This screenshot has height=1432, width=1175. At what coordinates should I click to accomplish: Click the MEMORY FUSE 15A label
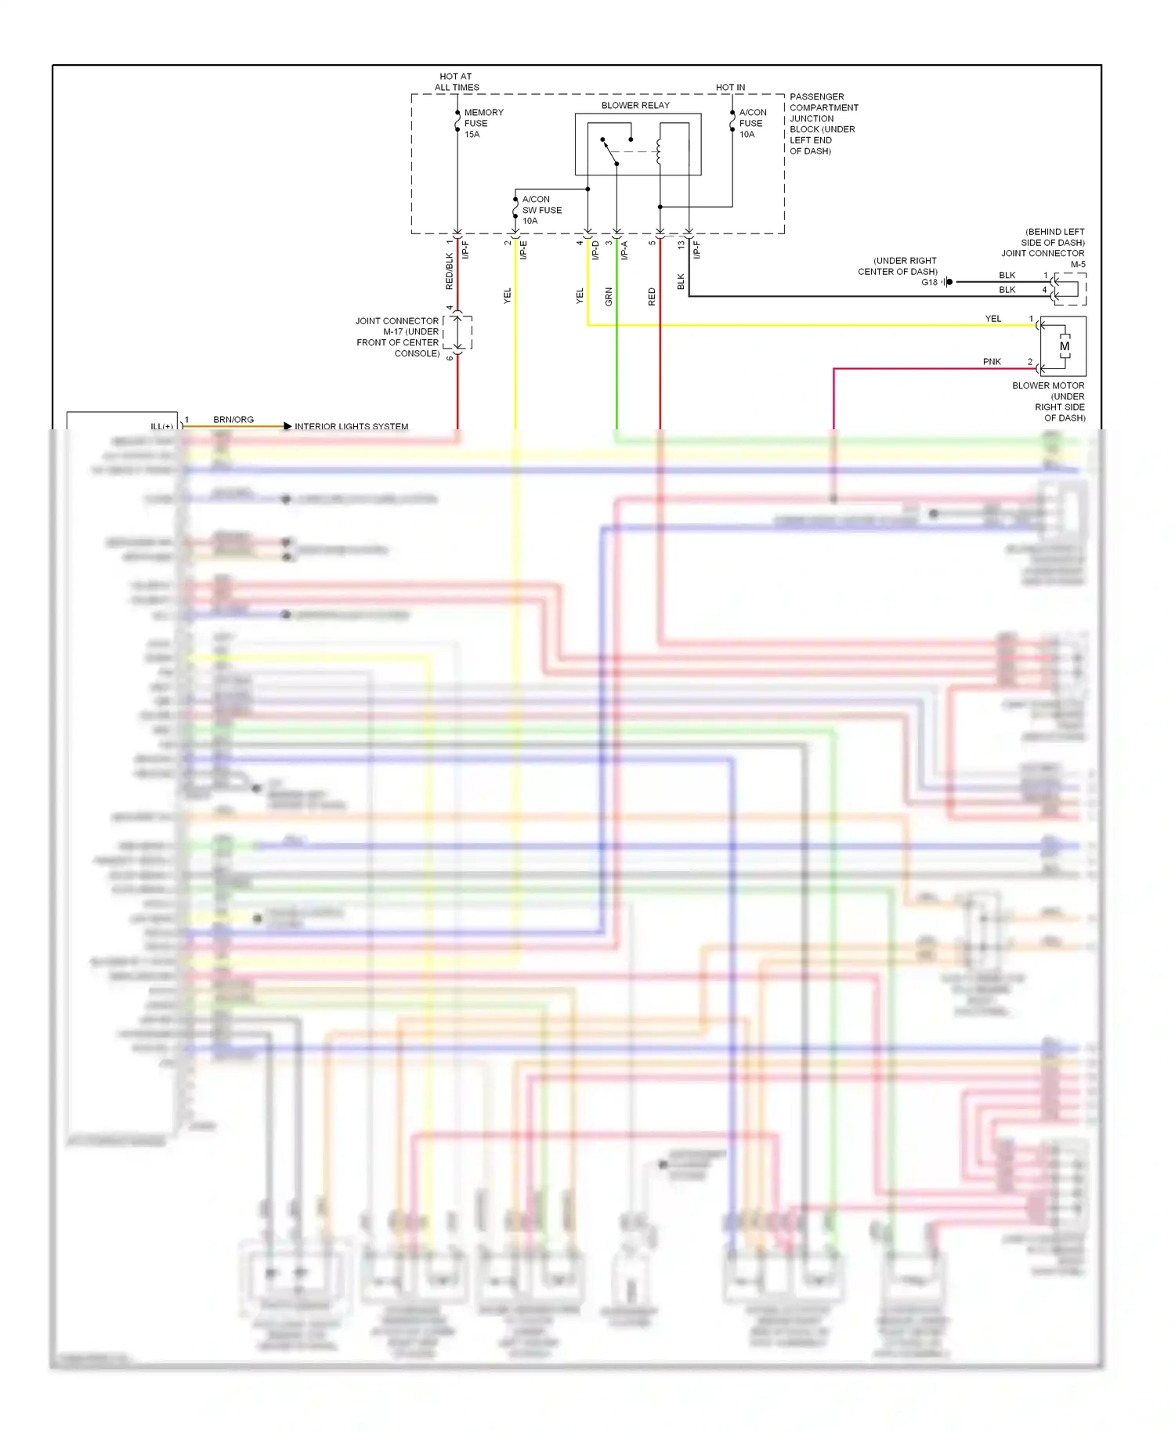[483, 123]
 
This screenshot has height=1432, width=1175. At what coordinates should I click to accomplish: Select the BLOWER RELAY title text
[635, 105]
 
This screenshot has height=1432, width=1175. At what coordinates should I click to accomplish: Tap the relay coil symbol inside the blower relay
[659, 152]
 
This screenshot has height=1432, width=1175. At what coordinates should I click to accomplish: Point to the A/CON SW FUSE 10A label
[540, 210]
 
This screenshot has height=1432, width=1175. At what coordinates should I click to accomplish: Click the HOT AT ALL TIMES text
[456, 82]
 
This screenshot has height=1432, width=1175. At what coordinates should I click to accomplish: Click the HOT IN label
[730, 87]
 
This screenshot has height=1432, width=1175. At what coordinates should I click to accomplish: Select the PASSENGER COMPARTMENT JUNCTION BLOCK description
[822, 124]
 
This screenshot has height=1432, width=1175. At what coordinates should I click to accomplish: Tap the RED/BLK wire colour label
[449, 270]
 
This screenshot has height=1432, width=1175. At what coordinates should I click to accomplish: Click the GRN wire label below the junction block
[609, 296]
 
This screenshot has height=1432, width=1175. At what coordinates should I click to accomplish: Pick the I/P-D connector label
[595, 250]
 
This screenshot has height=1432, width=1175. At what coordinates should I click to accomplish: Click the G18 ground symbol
[948, 282]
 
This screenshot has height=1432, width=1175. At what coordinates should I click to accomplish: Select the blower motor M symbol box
[1063, 346]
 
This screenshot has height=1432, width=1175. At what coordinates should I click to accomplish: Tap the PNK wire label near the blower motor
[992, 361]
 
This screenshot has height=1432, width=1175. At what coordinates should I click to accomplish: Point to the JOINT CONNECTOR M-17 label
[397, 337]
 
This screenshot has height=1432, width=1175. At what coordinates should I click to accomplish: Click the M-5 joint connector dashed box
[1069, 289]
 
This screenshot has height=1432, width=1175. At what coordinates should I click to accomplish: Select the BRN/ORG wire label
[233, 419]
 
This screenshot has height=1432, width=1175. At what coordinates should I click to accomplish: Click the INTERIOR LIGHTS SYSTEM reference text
[351, 426]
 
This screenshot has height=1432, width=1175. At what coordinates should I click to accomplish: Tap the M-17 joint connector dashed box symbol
[457, 333]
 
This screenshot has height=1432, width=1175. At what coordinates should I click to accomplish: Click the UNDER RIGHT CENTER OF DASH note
[898, 266]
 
